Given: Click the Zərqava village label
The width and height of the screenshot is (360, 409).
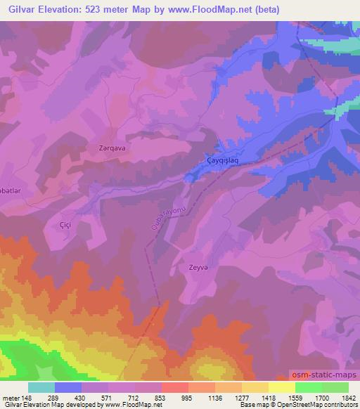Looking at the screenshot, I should pyautogui.click(x=110, y=148).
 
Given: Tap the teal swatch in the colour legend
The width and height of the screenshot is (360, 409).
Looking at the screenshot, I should pyautogui.click(x=41, y=387).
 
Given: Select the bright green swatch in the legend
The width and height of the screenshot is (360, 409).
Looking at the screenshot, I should pyautogui.click(x=309, y=387).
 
